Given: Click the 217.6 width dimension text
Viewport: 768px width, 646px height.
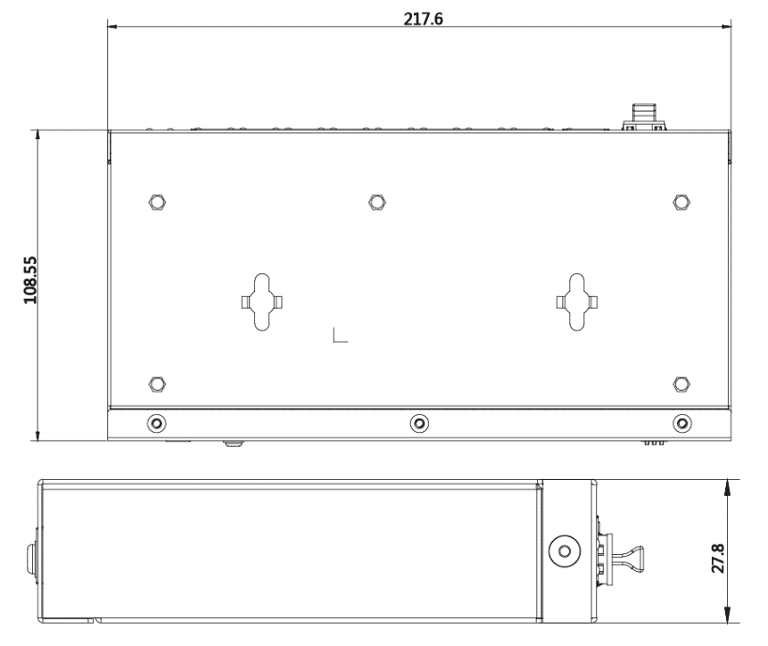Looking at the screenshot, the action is pos(423,19).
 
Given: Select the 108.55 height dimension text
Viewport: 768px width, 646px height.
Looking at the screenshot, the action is pos(30,279).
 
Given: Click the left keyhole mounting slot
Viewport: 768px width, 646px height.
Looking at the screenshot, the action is pos(262,302).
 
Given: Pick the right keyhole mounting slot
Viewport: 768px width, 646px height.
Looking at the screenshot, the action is pos(577,302).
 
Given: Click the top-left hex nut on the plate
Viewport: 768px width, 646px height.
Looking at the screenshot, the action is pos(157,202).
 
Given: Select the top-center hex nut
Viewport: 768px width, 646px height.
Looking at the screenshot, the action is pos(376,202).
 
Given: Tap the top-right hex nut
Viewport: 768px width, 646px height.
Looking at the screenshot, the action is pos(681,202).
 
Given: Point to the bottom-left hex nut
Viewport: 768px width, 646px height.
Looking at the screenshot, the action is pos(157,384).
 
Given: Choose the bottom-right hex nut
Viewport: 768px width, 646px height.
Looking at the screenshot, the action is pos(681,384).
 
